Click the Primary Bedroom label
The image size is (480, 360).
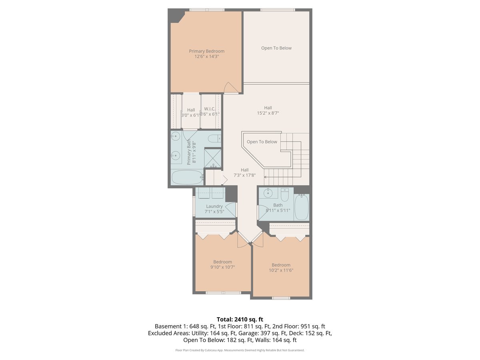coord(206,51)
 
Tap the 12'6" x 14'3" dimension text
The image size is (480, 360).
coord(206,57)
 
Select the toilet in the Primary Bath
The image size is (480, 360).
coord(214,139)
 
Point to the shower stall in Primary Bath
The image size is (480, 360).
coord(213,157)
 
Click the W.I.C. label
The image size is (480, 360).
coord(210,109)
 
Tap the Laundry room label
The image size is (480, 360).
coord(214,206)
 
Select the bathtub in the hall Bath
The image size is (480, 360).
coord(302,207)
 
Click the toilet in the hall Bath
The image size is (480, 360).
coord(285,195)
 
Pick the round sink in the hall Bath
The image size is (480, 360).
coord(268,194)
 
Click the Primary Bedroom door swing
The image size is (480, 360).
coord(230,88)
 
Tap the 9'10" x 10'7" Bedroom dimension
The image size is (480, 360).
coord(222,267)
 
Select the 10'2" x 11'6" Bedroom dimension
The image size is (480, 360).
coord(281,270)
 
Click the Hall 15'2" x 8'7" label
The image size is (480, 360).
coord(268,110)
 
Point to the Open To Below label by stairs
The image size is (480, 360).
coord(262,142)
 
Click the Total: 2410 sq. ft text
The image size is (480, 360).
coord(240,319)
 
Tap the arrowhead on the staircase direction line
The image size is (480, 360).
coord(265,176)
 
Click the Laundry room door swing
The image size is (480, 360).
coord(230,210)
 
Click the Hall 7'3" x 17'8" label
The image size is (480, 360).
coord(244,172)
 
